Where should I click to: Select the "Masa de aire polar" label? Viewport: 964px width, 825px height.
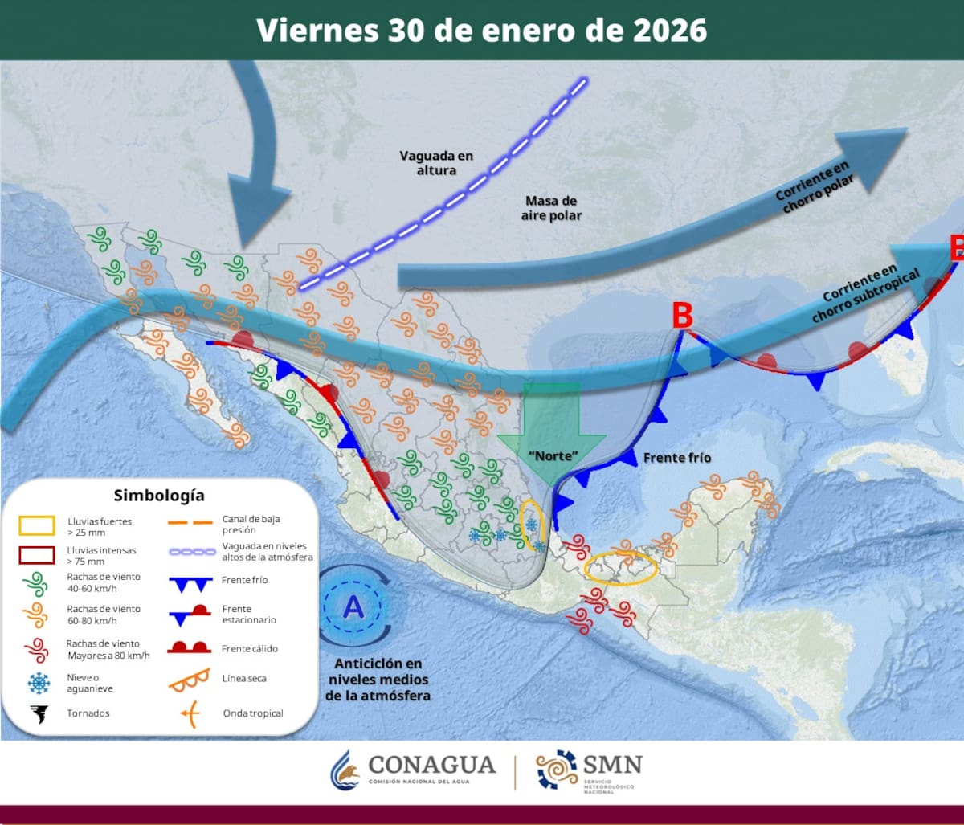553,208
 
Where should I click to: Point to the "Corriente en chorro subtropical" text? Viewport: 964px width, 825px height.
865,292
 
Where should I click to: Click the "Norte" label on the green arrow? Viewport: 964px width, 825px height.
553,455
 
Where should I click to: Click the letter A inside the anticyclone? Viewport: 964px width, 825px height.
353,607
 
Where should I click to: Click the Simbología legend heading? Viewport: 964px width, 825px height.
159,495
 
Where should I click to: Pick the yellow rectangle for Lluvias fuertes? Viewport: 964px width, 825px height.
37,526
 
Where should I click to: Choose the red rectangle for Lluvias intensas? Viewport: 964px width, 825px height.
37,555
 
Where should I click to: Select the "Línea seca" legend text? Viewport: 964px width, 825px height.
244,678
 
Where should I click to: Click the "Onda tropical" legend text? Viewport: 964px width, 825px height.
253,713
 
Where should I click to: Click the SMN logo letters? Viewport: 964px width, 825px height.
612,763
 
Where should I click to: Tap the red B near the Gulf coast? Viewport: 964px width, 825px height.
682,316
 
